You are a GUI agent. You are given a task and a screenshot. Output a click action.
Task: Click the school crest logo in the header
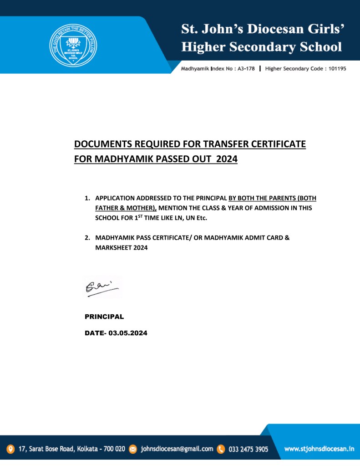73,45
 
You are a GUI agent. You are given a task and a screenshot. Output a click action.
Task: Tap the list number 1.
86,199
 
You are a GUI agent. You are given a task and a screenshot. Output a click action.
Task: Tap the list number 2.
86,238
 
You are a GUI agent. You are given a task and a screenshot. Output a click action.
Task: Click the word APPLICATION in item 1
114,199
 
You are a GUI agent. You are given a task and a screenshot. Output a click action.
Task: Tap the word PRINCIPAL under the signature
104,316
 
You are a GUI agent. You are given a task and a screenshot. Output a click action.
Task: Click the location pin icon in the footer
10,449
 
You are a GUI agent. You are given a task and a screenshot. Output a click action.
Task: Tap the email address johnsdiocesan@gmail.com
177,449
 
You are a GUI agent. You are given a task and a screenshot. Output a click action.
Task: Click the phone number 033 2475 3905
248,449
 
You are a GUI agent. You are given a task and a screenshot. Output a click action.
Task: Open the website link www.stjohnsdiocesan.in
319,449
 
